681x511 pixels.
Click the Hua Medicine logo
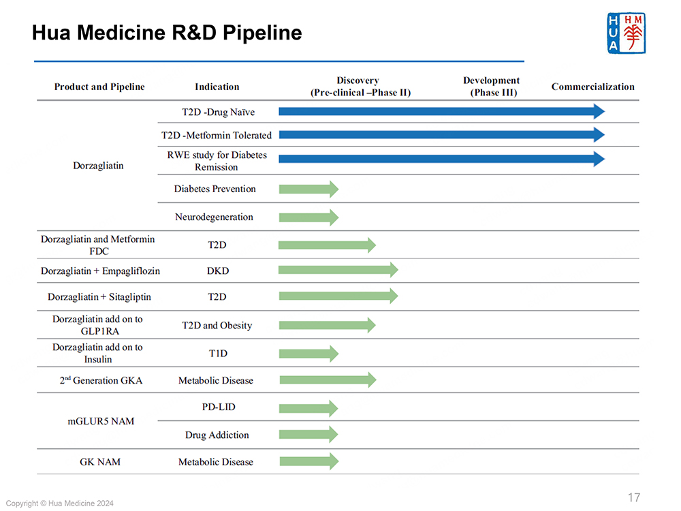[x=626, y=33]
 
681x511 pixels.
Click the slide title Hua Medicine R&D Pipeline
[x=167, y=33]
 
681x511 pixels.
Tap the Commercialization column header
[x=592, y=87]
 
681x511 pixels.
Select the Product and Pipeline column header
[x=99, y=87]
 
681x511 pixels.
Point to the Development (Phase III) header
[x=491, y=87]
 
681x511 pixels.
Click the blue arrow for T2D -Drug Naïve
[x=441, y=112]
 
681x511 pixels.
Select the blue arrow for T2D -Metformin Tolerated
[x=441, y=135]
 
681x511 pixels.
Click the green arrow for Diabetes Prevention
[x=308, y=189]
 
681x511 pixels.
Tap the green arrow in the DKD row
[x=338, y=270]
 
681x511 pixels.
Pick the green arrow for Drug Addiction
[x=308, y=435]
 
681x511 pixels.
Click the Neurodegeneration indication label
[x=214, y=217]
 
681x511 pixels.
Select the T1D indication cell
[x=217, y=354]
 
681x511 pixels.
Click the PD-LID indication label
[x=217, y=407]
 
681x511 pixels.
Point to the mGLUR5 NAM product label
[x=101, y=421]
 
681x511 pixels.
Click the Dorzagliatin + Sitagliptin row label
[x=99, y=297]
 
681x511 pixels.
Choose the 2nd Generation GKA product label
[x=101, y=380]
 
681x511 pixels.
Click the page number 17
[x=633, y=497]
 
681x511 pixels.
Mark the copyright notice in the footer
[x=60, y=504]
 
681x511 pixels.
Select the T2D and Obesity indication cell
[x=217, y=326]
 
